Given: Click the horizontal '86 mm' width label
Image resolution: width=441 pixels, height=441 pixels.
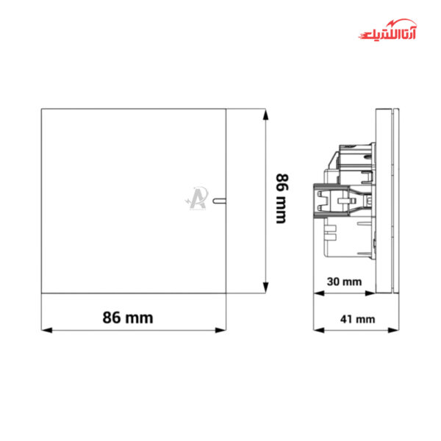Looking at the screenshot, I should click(x=128, y=318).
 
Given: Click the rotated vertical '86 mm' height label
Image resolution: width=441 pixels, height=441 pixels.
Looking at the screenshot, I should click(x=281, y=198).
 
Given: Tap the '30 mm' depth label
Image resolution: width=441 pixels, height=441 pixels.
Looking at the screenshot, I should click(x=345, y=282).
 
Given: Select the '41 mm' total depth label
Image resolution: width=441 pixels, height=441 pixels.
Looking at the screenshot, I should click(x=357, y=319).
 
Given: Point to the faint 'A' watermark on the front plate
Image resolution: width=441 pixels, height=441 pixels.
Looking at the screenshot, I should click(x=197, y=197).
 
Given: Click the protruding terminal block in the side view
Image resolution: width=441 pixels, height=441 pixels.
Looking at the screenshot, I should click(x=334, y=201).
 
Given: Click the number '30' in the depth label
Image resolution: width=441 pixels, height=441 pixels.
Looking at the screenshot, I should click(x=334, y=282).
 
